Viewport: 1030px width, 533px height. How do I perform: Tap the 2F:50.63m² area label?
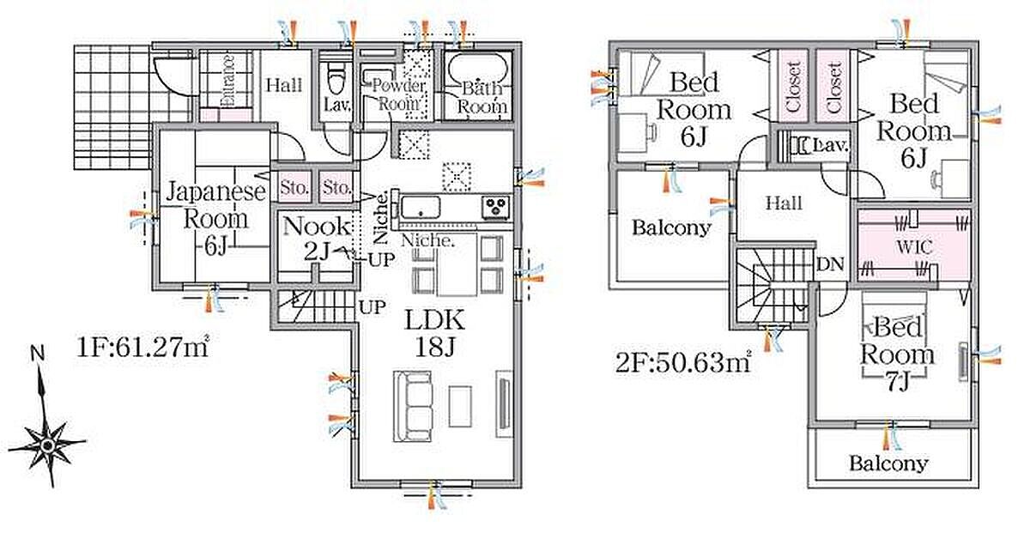[684, 363]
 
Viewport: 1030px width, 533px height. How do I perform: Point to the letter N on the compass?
[37, 354]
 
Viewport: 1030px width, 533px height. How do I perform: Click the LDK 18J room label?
[434, 333]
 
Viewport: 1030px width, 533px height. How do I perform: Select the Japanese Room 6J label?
[216, 217]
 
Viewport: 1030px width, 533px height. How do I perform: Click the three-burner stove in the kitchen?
[496, 206]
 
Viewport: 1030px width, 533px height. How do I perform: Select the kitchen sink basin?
[421, 208]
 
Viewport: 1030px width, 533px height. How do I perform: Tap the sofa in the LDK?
[413, 406]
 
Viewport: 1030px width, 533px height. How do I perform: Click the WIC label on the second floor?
[914, 247]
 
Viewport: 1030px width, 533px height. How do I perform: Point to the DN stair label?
[831, 264]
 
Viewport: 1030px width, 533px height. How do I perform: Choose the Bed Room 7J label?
[897, 354]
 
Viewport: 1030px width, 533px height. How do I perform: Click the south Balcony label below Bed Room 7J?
[888, 463]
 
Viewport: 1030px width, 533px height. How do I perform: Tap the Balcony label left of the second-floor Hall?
[671, 227]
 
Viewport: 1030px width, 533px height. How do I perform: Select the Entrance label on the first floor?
[227, 81]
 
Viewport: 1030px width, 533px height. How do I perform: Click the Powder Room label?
[398, 94]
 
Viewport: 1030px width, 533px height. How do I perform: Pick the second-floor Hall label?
[784, 203]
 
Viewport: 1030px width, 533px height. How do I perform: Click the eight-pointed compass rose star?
[47, 445]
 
